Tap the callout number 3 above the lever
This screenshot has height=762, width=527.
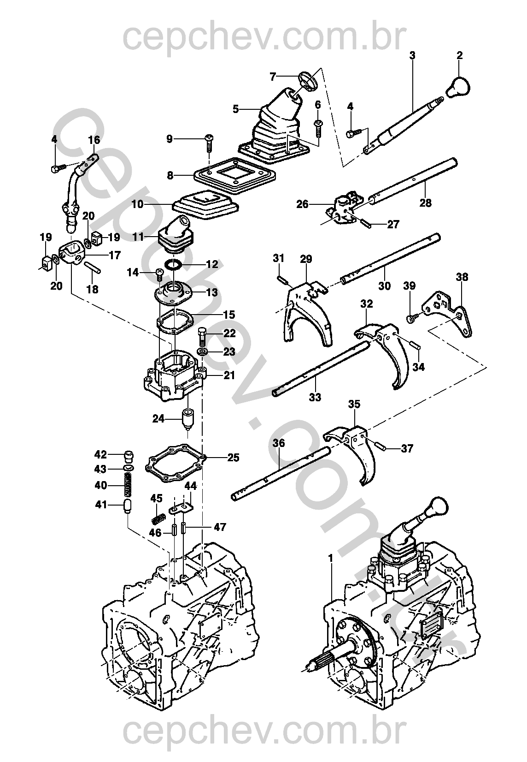click(412, 55)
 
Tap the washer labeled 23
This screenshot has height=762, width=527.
click(202, 352)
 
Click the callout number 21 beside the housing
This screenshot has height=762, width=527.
click(229, 375)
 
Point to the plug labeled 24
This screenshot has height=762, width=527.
click(188, 418)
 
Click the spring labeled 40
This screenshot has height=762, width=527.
click(129, 485)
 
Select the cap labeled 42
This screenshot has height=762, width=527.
click(129, 456)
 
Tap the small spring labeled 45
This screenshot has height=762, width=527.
click(158, 518)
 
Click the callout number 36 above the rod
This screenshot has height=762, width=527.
click(279, 443)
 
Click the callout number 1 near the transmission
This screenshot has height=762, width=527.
click(330, 559)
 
